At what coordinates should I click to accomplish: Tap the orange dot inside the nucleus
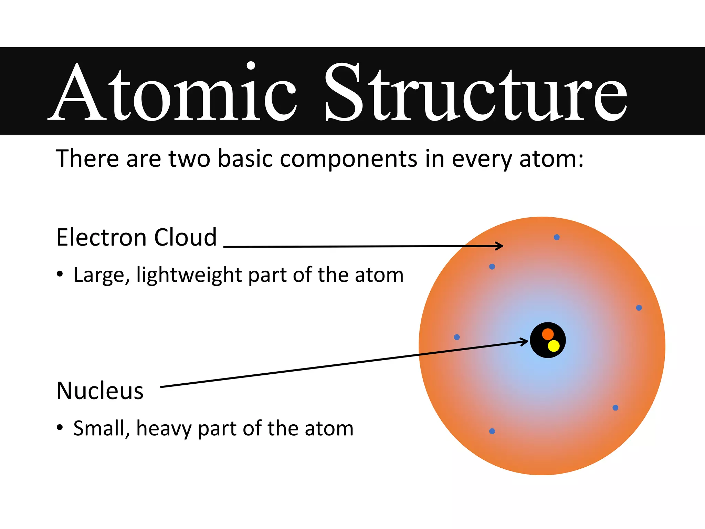[x=548, y=334]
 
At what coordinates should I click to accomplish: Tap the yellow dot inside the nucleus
[x=554, y=346]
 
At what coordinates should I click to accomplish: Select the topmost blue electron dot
[x=557, y=237]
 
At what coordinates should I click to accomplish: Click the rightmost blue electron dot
[x=639, y=308]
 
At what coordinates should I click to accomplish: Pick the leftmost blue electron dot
[x=457, y=337]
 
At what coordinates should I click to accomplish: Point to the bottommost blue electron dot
[x=492, y=431]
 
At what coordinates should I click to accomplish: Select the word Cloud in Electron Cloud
[x=186, y=237]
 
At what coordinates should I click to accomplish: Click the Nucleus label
[x=100, y=391]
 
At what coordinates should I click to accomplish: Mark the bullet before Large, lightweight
[x=60, y=274]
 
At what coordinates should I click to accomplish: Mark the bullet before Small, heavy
[x=60, y=428]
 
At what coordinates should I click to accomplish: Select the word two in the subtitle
[x=189, y=159]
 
